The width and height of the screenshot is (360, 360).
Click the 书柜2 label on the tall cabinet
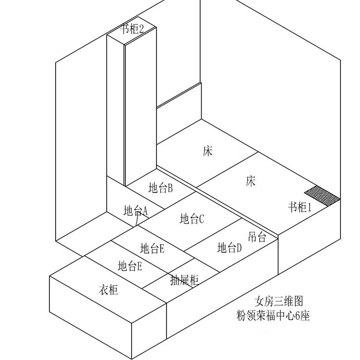(x=132, y=29)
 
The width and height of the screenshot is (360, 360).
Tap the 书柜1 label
(x=300, y=207)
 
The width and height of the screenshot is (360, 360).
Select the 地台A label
(x=135, y=211)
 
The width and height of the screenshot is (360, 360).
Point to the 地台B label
(x=160, y=188)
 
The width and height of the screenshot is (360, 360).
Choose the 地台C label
(x=192, y=219)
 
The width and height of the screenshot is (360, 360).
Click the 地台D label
(x=229, y=248)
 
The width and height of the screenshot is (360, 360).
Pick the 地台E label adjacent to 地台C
(x=152, y=249)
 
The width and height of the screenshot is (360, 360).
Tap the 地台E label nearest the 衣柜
(x=130, y=266)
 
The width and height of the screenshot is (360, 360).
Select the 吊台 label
(x=257, y=237)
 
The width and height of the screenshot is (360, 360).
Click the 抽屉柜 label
(x=184, y=280)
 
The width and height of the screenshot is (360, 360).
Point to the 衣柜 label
(x=108, y=290)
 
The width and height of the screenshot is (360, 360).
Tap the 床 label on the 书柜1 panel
(x=250, y=181)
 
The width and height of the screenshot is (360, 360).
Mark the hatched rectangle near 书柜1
(x=322, y=196)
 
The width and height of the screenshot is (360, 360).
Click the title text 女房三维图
(x=279, y=301)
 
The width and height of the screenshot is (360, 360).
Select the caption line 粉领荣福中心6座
(x=273, y=316)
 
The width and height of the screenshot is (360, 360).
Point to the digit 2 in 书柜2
(x=141, y=29)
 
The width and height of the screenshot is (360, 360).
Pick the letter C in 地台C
(x=201, y=219)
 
